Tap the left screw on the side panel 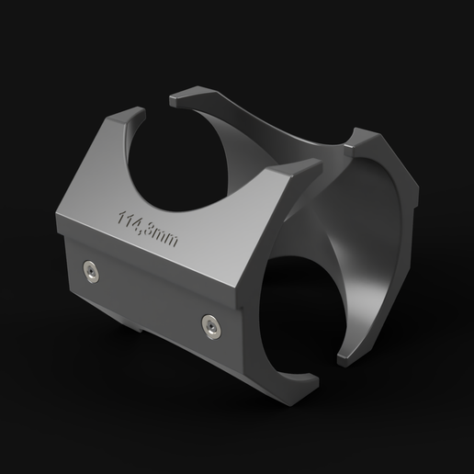pyautogui.click(x=89, y=269)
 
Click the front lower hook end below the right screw pyautogui.click(x=303, y=378)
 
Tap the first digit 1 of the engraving pyautogui.click(x=121, y=217)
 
